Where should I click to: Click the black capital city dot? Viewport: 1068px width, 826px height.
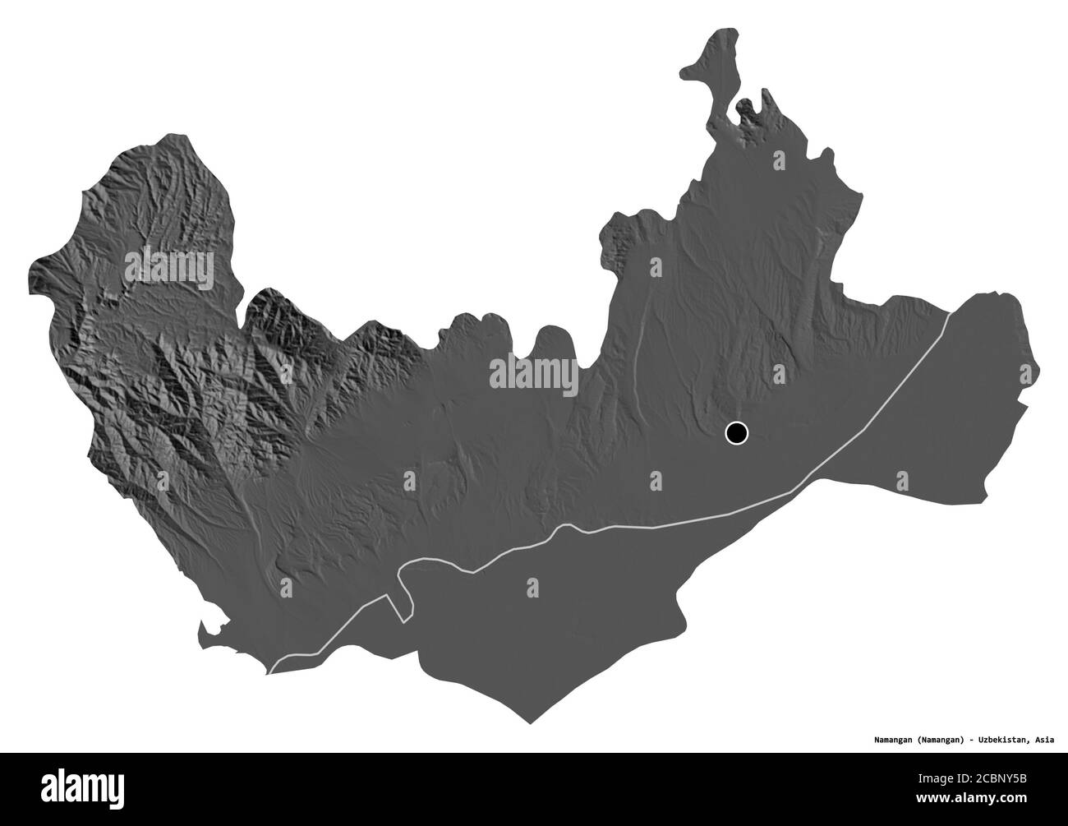click(x=737, y=432)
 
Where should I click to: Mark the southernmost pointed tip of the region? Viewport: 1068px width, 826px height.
click(x=530, y=722)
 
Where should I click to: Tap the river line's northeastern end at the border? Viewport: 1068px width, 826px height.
click(x=950, y=312)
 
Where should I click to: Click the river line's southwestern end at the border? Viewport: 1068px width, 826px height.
click(x=269, y=672)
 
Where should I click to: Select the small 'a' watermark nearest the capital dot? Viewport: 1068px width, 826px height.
click(x=655, y=478)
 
